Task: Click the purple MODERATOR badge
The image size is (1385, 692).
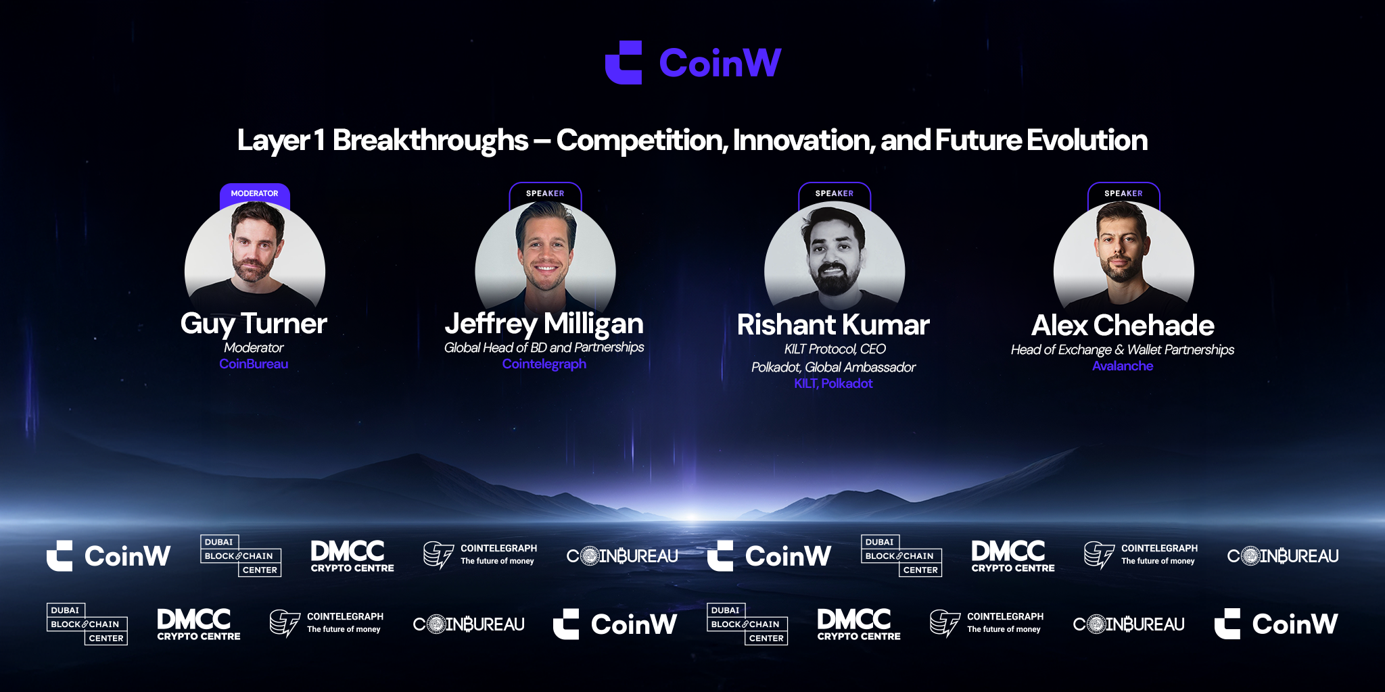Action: [x=255, y=194]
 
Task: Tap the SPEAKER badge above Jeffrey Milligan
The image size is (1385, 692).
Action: [x=545, y=193]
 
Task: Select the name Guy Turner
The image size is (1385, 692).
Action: [x=254, y=324]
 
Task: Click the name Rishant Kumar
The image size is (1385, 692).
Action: [x=833, y=325]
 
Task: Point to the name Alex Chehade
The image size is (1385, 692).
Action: [x=1123, y=326]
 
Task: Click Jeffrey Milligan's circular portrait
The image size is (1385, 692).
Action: [x=545, y=260]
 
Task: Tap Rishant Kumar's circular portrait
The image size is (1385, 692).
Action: [x=835, y=260]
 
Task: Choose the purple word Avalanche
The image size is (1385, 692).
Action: [x=1123, y=366]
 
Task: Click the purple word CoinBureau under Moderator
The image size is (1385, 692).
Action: [x=254, y=364]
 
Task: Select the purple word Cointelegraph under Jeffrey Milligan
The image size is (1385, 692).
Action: [x=544, y=364]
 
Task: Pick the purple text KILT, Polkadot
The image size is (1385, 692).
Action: [x=833, y=384]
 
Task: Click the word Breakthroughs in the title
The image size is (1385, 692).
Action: [x=430, y=141]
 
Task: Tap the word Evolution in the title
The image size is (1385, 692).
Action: [x=1087, y=141]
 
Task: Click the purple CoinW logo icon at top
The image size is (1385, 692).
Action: [x=624, y=63]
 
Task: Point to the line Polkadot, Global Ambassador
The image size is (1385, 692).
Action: [x=833, y=368]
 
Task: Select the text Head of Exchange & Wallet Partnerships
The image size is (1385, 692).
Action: [x=1123, y=350]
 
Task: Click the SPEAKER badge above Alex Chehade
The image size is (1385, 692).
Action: [x=1124, y=193]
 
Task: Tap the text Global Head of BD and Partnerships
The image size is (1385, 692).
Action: [x=544, y=347]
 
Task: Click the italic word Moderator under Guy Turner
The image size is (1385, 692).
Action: [x=254, y=347]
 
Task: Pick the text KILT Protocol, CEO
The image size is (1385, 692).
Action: [x=835, y=349]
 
